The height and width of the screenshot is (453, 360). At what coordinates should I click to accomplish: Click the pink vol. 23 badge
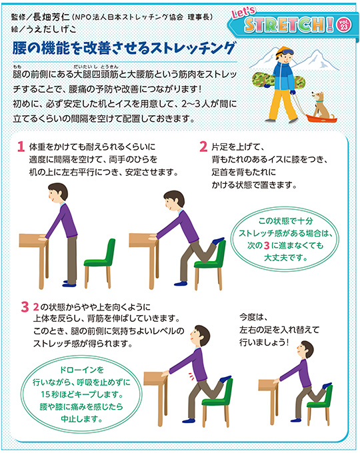coord(344,24)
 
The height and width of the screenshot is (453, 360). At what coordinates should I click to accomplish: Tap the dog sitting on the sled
coord(319,105)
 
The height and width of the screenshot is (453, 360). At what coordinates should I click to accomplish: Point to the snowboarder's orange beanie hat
coord(283,51)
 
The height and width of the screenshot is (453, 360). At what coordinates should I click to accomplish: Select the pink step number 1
coord(21,147)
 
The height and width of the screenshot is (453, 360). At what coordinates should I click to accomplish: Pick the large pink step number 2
coord(203,147)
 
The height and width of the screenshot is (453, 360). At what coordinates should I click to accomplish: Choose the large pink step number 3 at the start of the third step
coord(25,307)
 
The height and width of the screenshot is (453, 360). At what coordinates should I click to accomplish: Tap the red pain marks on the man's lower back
coord(191,376)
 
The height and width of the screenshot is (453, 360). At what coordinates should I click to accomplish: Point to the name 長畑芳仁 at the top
coord(51,17)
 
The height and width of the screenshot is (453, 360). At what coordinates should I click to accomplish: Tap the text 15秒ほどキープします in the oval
coord(82,394)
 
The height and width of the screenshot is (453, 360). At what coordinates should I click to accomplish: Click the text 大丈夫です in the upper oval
coord(285,257)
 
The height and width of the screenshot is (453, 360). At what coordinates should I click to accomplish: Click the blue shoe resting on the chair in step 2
coord(218,240)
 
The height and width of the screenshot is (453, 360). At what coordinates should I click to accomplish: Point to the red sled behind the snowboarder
coord(321,118)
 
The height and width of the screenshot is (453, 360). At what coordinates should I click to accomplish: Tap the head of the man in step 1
coord(57,193)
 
